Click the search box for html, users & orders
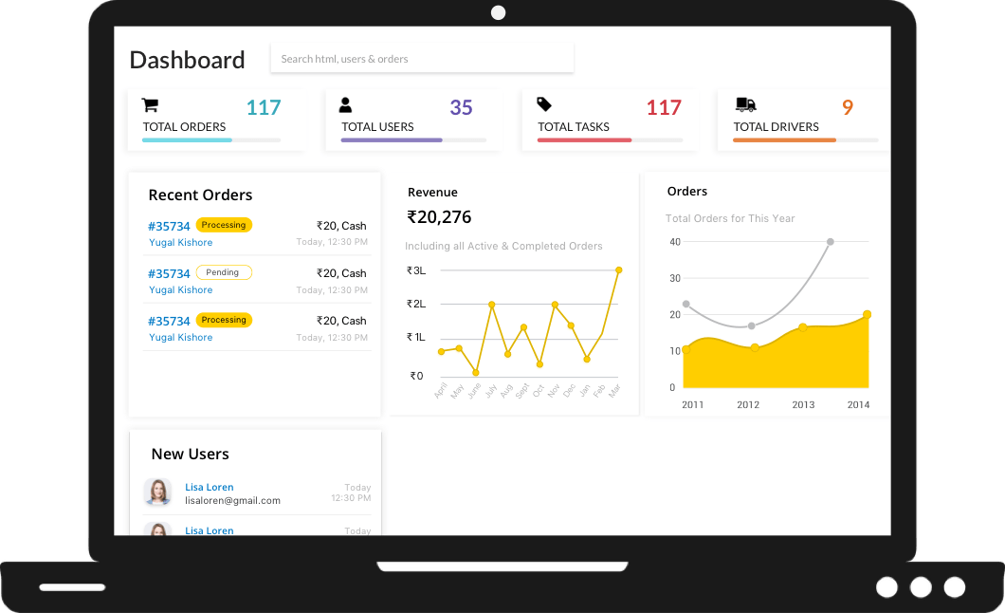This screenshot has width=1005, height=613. click(422, 59)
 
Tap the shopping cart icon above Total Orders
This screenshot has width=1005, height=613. click(150, 104)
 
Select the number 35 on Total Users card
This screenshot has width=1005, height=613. click(461, 108)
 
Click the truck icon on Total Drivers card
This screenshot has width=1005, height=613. click(745, 104)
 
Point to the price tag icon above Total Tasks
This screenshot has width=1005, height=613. click(544, 104)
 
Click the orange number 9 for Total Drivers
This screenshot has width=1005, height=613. click(847, 108)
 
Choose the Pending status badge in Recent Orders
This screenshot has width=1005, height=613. click(224, 272)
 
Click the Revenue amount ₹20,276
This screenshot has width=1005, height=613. click(439, 217)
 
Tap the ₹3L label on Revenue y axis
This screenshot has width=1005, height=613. click(416, 270)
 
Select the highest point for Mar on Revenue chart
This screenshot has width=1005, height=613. click(618, 270)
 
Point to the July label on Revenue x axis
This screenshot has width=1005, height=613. click(490, 390)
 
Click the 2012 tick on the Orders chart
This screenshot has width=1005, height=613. click(748, 405)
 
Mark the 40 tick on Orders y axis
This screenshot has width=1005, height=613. click(675, 242)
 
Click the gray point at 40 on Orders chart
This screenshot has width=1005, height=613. click(830, 242)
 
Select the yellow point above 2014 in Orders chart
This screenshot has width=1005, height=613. click(867, 315)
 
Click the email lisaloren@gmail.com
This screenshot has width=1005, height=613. click(232, 500)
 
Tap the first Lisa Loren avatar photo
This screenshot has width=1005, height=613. click(157, 492)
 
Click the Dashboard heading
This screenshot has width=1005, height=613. click(187, 60)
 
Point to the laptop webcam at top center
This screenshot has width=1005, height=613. click(499, 13)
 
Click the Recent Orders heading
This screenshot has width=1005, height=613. click(200, 195)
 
